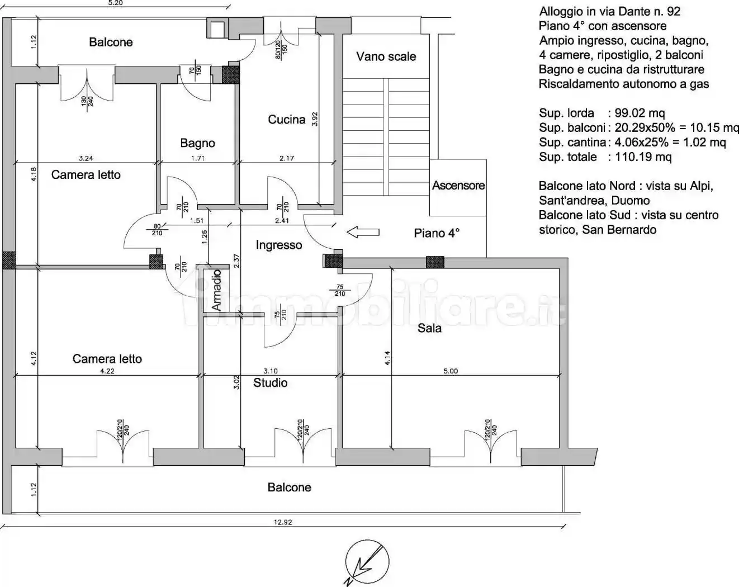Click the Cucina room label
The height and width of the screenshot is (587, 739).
tap(286, 120)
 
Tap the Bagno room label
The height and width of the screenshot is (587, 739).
tap(197, 143)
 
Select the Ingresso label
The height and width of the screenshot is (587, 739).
tap(279, 245)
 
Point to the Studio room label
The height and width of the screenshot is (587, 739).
tap(270, 382)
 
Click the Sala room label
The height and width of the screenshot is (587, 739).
tap(429, 328)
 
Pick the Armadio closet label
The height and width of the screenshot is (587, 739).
tap(216, 290)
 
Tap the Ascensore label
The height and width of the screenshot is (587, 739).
tap(458, 186)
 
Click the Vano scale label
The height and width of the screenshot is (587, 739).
tap(386, 56)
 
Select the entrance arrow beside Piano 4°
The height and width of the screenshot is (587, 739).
tap(363, 233)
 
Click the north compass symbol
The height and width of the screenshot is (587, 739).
tap(367, 562)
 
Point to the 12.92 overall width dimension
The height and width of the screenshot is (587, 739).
tap(283, 522)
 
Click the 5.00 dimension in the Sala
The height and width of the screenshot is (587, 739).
tap(450, 371)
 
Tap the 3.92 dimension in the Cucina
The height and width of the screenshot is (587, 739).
tap(315, 119)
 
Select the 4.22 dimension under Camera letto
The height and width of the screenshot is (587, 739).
tap(107, 371)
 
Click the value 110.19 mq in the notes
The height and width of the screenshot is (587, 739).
tap(643, 157)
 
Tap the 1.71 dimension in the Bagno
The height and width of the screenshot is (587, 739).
tap(198, 158)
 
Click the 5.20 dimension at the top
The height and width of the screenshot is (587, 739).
tap(115, 3)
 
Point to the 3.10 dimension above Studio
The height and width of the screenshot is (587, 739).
tap(270, 371)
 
